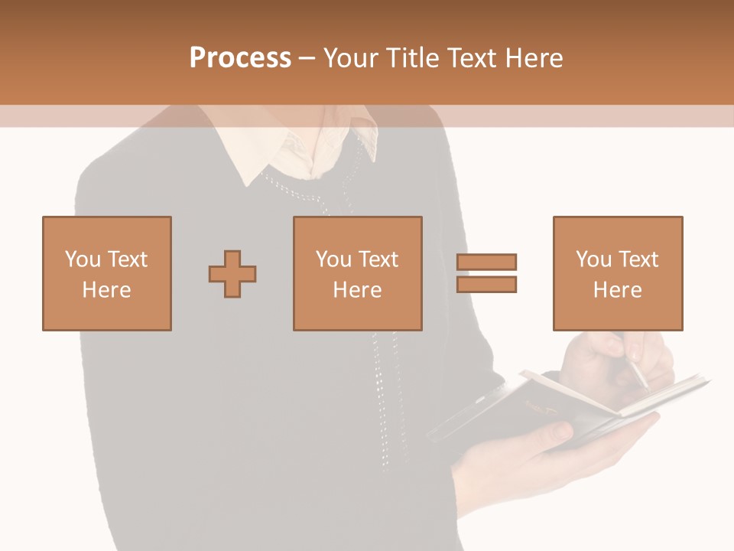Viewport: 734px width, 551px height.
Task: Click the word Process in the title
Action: click(240, 58)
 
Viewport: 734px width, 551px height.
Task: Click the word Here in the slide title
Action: click(534, 58)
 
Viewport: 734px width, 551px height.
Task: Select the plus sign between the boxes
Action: click(232, 274)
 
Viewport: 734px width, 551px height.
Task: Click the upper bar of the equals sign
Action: click(486, 262)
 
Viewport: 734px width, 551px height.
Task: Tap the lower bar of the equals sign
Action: click(486, 284)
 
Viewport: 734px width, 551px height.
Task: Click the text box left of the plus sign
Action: click(106, 273)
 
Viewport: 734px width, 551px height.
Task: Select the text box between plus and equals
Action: click(357, 273)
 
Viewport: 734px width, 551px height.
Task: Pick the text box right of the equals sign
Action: click(617, 273)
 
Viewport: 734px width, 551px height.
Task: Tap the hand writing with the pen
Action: click(612, 356)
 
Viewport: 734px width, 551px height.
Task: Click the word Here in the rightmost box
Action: click(617, 290)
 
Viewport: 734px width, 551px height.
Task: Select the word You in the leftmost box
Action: click(83, 259)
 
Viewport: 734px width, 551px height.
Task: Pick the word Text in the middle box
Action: click(378, 259)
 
